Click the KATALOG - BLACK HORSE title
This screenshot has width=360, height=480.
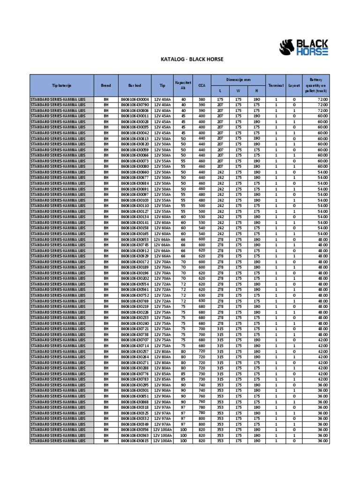[x=192, y=60]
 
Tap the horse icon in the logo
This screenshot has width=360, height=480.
[x=286, y=47]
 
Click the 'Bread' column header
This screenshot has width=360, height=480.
[x=105, y=86]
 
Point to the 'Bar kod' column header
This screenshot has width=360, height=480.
[x=135, y=86]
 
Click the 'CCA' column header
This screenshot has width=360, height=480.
[x=202, y=86]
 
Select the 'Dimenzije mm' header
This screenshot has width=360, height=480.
[x=238, y=80]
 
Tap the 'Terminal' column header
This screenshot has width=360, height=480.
[x=276, y=86]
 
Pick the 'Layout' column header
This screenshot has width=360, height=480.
[x=294, y=86]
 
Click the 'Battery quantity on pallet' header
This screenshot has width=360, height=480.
[x=316, y=85]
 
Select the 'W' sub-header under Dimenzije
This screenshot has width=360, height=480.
[x=238, y=91]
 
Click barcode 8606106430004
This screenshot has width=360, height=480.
[x=135, y=99]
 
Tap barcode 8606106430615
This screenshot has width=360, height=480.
[x=135, y=441]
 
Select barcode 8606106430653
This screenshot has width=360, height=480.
[x=135, y=239]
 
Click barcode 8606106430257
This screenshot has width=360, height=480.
[x=135, y=351]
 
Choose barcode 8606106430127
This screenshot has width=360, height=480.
[x=135, y=211]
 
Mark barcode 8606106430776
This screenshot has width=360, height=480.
[x=135, y=374]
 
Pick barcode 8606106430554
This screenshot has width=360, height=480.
[x=135, y=284]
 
